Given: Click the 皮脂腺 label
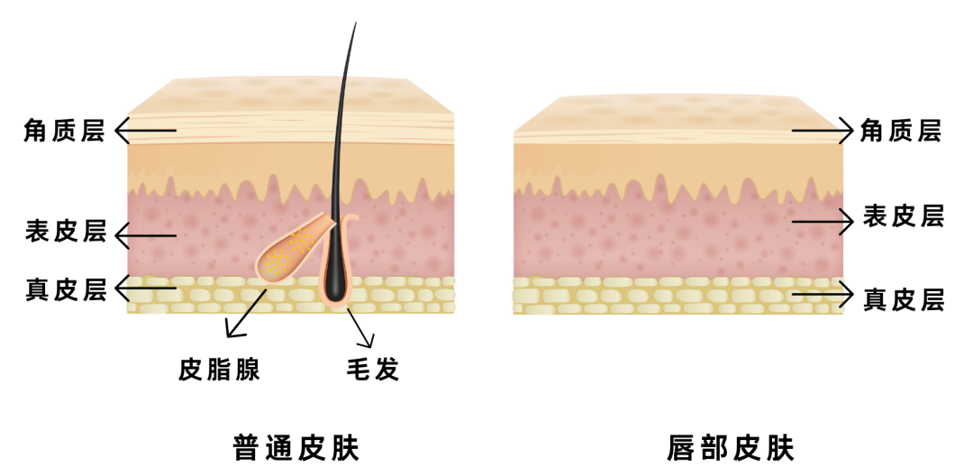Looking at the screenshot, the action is click(x=220, y=369).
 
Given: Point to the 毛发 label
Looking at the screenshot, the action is click(x=372, y=369).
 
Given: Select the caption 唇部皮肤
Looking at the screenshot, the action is click(x=731, y=448).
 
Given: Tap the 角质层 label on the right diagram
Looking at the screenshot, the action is click(x=901, y=132).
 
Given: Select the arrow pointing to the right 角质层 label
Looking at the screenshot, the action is click(x=822, y=132).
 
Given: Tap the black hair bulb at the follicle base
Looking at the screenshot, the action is click(x=335, y=285).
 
